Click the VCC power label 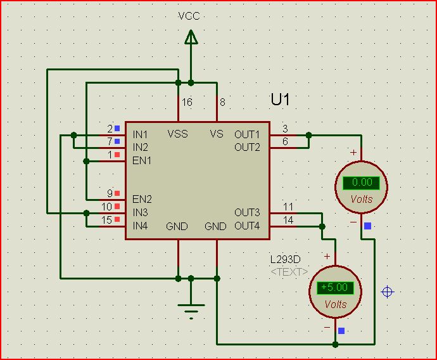(x=189, y=16)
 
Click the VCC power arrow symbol (x=191, y=37)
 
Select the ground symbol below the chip (x=191, y=309)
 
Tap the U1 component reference (x=281, y=100)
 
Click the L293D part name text (x=285, y=260)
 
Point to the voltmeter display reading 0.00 (x=361, y=183)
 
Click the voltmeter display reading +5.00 (x=335, y=287)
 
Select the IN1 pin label (x=140, y=134)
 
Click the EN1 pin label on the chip (x=142, y=160)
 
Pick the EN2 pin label (x=142, y=199)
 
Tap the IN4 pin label (x=140, y=226)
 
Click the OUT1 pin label (x=247, y=134)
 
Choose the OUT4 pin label (x=247, y=226)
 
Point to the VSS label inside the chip (x=177, y=134)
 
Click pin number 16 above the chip (x=187, y=102)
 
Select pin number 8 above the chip (x=222, y=102)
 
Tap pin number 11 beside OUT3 (x=288, y=207)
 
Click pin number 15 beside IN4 (x=106, y=220)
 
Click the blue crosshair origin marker (x=388, y=292)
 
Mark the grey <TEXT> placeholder (x=289, y=272)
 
